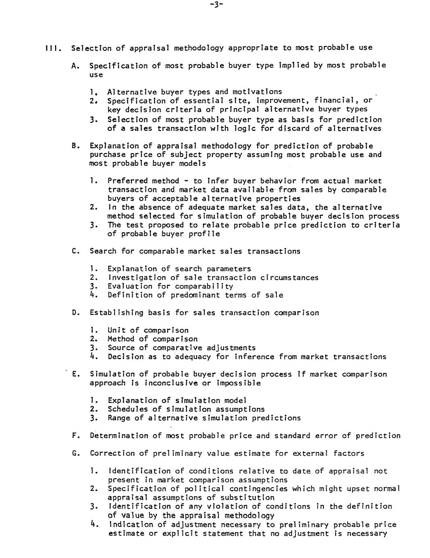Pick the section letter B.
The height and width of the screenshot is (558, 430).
coord(74,146)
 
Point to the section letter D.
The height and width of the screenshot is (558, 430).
coord(74,313)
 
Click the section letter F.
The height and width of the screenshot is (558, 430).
coord(74,436)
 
